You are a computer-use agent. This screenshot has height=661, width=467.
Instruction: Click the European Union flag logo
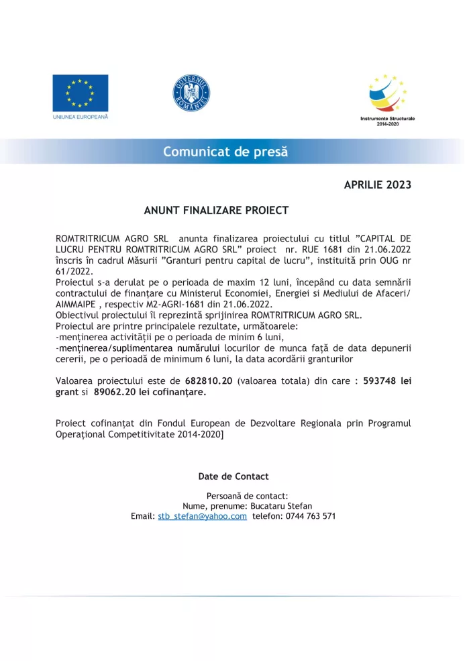(x=81, y=93)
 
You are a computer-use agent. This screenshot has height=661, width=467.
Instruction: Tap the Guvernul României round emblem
(x=191, y=93)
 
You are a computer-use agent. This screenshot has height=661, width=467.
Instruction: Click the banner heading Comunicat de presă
(x=225, y=152)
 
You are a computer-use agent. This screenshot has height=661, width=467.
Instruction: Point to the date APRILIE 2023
(x=377, y=185)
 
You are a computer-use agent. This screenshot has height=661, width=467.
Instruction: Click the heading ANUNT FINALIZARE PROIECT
(x=216, y=211)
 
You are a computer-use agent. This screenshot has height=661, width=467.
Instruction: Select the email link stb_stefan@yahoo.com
(x=202, y=516)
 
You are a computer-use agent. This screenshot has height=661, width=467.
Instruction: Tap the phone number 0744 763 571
(x=311, y=516)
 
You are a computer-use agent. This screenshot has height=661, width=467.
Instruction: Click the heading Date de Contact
(x=233, y=476)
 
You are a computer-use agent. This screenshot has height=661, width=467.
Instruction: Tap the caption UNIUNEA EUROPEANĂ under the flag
(x=81, y=117)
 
